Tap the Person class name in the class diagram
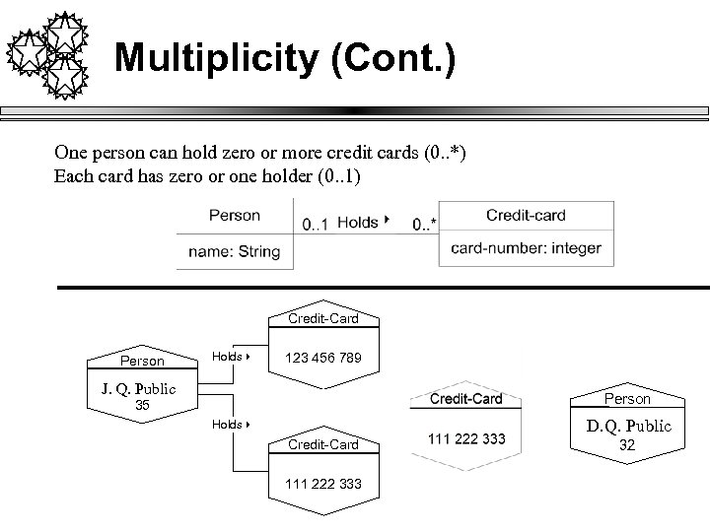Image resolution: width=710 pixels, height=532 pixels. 235,215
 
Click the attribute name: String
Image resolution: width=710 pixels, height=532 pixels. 235,251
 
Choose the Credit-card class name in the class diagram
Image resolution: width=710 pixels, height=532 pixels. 526,215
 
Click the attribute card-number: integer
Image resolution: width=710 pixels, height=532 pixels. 526,248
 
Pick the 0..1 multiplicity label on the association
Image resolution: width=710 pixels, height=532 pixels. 316,225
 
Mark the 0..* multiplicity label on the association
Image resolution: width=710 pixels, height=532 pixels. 425,225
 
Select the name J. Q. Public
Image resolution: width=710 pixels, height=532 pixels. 138,388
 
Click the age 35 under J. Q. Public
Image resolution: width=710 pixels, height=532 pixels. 142,404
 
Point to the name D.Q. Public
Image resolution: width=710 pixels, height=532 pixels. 629,427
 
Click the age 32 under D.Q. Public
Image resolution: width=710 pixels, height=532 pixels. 628,444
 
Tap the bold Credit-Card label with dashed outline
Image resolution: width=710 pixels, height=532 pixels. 466,399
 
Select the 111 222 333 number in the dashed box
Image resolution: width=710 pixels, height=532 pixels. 466,437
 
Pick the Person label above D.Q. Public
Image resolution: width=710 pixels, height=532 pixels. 628,399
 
